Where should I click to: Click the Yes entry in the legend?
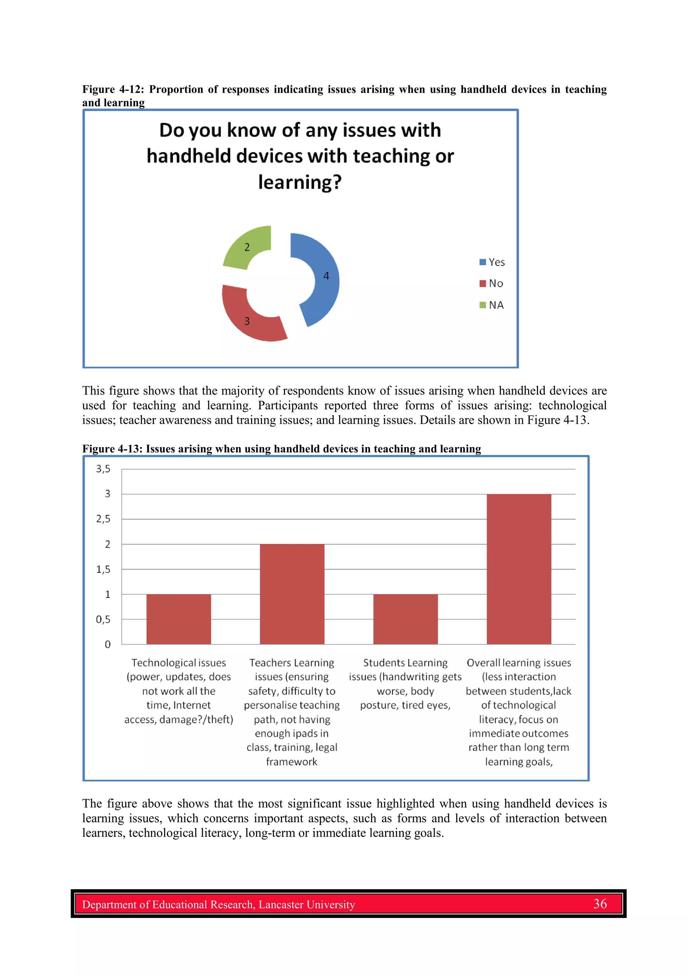493,262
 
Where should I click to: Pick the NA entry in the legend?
493,305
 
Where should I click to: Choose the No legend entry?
493,283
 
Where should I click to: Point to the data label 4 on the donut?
326,276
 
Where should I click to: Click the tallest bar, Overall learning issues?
519,569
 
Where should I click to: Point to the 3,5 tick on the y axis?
103,469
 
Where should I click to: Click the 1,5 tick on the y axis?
103,569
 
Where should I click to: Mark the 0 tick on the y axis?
107,644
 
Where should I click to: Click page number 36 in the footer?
600,904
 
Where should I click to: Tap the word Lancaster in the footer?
280,905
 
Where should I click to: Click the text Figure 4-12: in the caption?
113,89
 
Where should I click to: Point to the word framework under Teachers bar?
292,762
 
